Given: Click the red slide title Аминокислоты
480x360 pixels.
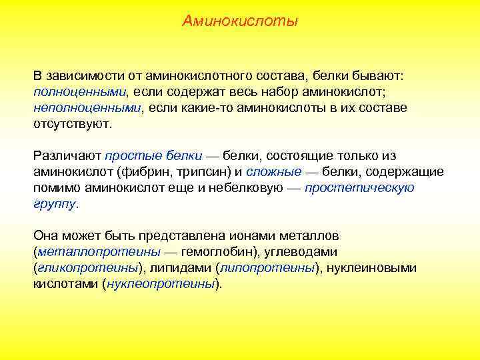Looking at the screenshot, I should (x=240, y=22).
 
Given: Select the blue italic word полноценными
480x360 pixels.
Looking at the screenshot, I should (x=79, y=91).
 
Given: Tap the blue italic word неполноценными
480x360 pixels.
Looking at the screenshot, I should (x=87, y=107).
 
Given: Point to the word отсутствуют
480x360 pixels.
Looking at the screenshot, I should (x=72, y=123).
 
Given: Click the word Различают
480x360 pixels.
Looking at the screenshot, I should (x=67, y=155).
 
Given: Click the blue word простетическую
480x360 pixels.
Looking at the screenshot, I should (x=359, y=187).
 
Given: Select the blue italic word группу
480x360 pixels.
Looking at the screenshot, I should (x=55, y=203).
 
